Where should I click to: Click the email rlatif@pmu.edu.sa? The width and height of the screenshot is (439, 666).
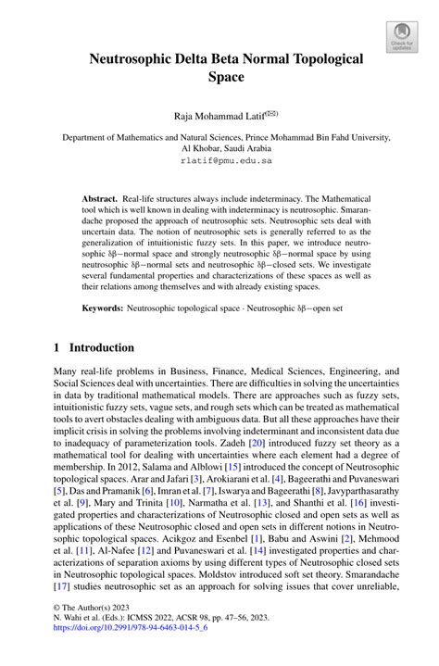pos(219,160)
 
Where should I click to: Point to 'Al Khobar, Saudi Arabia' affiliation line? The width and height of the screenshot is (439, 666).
pos(219,147)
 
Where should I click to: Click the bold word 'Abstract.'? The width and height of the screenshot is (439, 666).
pos(99,199)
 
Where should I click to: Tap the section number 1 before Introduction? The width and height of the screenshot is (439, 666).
pos(57,348)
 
